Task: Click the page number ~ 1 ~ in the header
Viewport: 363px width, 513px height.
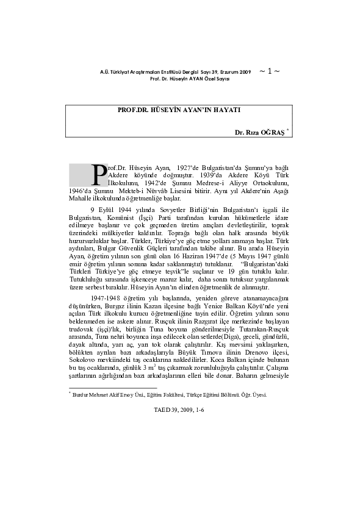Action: coord(270,71)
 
